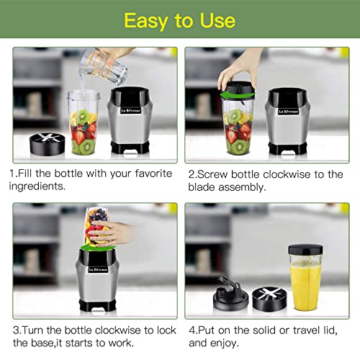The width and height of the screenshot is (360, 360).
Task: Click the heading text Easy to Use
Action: click(x=179, y=20)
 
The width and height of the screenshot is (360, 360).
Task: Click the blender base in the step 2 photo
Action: click(x=288, y=122)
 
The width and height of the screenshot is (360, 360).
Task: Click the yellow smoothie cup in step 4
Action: click(x=305, y=277)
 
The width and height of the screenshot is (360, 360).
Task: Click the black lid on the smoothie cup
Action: click(x=305, y=248)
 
